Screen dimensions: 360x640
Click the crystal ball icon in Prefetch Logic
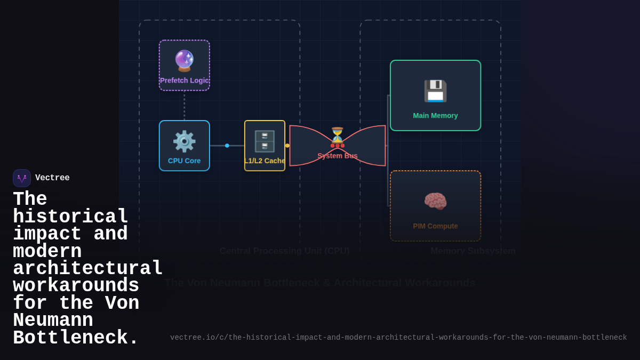[x=184, y=61]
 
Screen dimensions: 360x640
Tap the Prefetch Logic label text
[x=184, y=81]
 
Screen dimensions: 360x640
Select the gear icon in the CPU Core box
[x=184, y=141]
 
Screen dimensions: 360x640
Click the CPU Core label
[x=184, y=161]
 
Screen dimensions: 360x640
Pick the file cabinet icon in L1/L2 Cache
[x=265, y=141]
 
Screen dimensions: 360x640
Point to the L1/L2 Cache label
[x=265, y=161]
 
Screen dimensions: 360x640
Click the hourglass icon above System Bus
[x=337, y=134]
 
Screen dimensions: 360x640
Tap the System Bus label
[x=337, y=156]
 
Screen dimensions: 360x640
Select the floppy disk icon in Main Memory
[x=435, y=91]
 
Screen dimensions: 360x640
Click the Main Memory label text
[x=435, y=116]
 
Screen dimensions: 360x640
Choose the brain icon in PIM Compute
[x=435, y=202]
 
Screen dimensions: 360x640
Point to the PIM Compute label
[x=435, y=226]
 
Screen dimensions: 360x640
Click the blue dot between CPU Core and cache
[x=227, y=146]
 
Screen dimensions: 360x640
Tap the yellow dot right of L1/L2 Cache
[x=287, y=146]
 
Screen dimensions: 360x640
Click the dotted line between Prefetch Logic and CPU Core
[x=185, y=106]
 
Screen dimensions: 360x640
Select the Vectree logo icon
[x=22, y=178]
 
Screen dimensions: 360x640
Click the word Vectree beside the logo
[x=52, y=178]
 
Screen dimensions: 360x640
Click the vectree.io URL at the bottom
[x=398, y=338]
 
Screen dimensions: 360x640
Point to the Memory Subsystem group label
[x=473, y=251]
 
